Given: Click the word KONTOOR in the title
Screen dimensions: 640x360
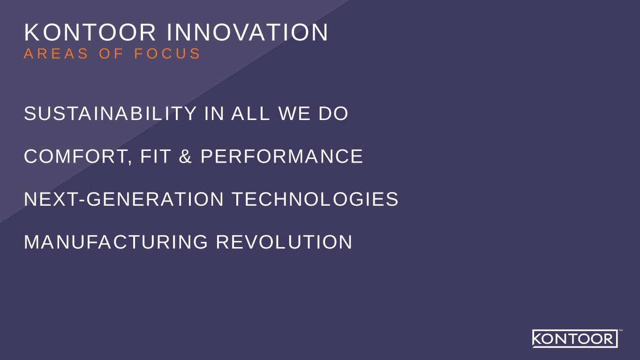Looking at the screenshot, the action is click(x=90, y=32).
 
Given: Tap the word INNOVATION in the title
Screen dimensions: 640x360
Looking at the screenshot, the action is click(x=248, y=32).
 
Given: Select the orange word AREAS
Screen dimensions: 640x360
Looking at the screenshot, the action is click(x=56, y=53).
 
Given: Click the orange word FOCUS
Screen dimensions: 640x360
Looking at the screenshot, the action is click(x=167, y=53).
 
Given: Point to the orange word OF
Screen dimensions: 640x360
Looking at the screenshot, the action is click(x=112, y=53).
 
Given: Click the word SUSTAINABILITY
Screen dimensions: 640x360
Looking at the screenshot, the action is click(x=110, y=113).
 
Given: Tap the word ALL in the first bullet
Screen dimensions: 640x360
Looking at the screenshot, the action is click(x=250, y=113).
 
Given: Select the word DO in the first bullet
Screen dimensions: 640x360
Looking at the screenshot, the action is click(x=333, y=113).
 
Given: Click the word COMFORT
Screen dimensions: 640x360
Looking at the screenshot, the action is click(x=75, y=156).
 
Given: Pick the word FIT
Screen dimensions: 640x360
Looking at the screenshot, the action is click(x=156, y=156).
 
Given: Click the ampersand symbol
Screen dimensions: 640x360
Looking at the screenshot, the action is click(x=185, y=156).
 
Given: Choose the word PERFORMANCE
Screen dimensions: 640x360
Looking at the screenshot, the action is click(x=282, y=156).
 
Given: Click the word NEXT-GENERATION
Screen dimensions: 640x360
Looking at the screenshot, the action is click(x=124, y=199).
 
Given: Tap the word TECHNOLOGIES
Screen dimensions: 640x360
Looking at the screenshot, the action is click(x=316, y=199).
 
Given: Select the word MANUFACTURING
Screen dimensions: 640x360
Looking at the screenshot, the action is click(x=116, y=242).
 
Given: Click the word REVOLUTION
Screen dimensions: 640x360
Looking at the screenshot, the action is click(x=284, y=242).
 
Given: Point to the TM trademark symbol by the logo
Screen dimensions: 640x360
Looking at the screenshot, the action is click(x=621, y=330).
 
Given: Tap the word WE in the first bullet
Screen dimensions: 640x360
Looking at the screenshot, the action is click(x=294, y=113).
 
